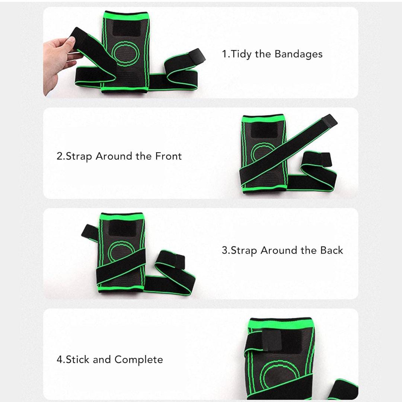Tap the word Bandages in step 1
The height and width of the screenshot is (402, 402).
299,54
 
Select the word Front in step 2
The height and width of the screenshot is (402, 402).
169,156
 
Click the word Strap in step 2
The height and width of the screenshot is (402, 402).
79,156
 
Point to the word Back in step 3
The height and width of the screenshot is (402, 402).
332,250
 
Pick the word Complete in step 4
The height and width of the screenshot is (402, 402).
139,360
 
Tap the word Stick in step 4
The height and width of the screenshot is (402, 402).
78,359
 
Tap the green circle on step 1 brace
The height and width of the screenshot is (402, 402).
125,54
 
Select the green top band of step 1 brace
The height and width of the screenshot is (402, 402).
126,16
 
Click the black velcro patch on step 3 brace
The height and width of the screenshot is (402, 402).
122,228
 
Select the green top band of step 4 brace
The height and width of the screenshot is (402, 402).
281,323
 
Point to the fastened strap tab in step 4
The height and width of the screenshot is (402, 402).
271,340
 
